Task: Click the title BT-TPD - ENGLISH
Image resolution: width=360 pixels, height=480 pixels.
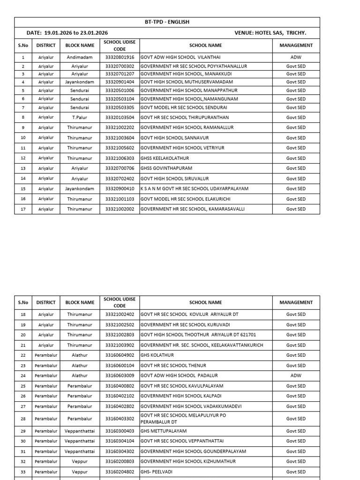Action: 167,22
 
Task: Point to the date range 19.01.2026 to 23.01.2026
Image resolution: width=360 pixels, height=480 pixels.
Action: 76,33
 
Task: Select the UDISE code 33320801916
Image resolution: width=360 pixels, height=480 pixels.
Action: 120,57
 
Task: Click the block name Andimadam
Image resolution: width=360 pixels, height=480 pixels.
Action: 80,57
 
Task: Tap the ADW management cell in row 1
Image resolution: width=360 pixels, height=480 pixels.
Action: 296,57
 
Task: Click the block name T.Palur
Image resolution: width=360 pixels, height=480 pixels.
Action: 80,118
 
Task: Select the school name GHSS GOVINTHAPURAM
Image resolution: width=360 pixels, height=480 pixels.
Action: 166,168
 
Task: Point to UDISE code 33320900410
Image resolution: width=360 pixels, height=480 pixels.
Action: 120,189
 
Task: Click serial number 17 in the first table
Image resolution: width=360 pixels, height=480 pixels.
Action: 23,209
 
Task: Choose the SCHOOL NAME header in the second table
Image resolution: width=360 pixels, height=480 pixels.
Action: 205,303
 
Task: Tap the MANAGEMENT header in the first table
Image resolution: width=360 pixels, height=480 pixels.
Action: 296,45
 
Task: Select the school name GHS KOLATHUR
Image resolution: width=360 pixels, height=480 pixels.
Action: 157,355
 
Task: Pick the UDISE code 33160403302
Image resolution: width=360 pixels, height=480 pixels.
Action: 120,419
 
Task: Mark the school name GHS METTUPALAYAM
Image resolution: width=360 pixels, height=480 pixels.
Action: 163,431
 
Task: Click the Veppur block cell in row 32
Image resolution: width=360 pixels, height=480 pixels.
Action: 80,461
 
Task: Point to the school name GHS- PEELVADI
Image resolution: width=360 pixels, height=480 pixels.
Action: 157,472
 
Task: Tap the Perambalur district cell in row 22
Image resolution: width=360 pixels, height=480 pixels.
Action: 46,355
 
